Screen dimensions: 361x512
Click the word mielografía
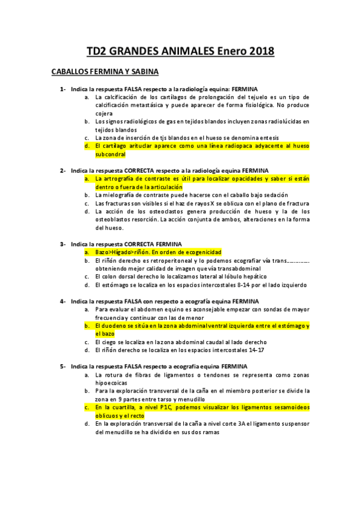[120, 195]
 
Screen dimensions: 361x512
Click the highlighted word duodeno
[118, 325]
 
